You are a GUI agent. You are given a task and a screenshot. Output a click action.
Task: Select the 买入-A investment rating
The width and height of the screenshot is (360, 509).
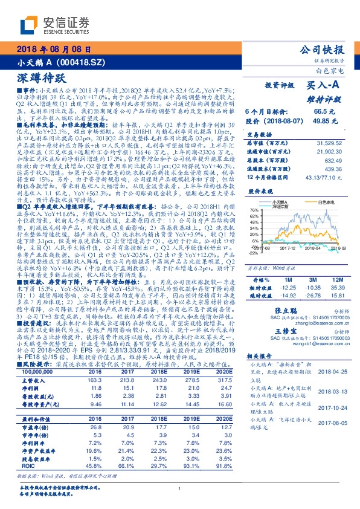[x=324, y=87]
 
